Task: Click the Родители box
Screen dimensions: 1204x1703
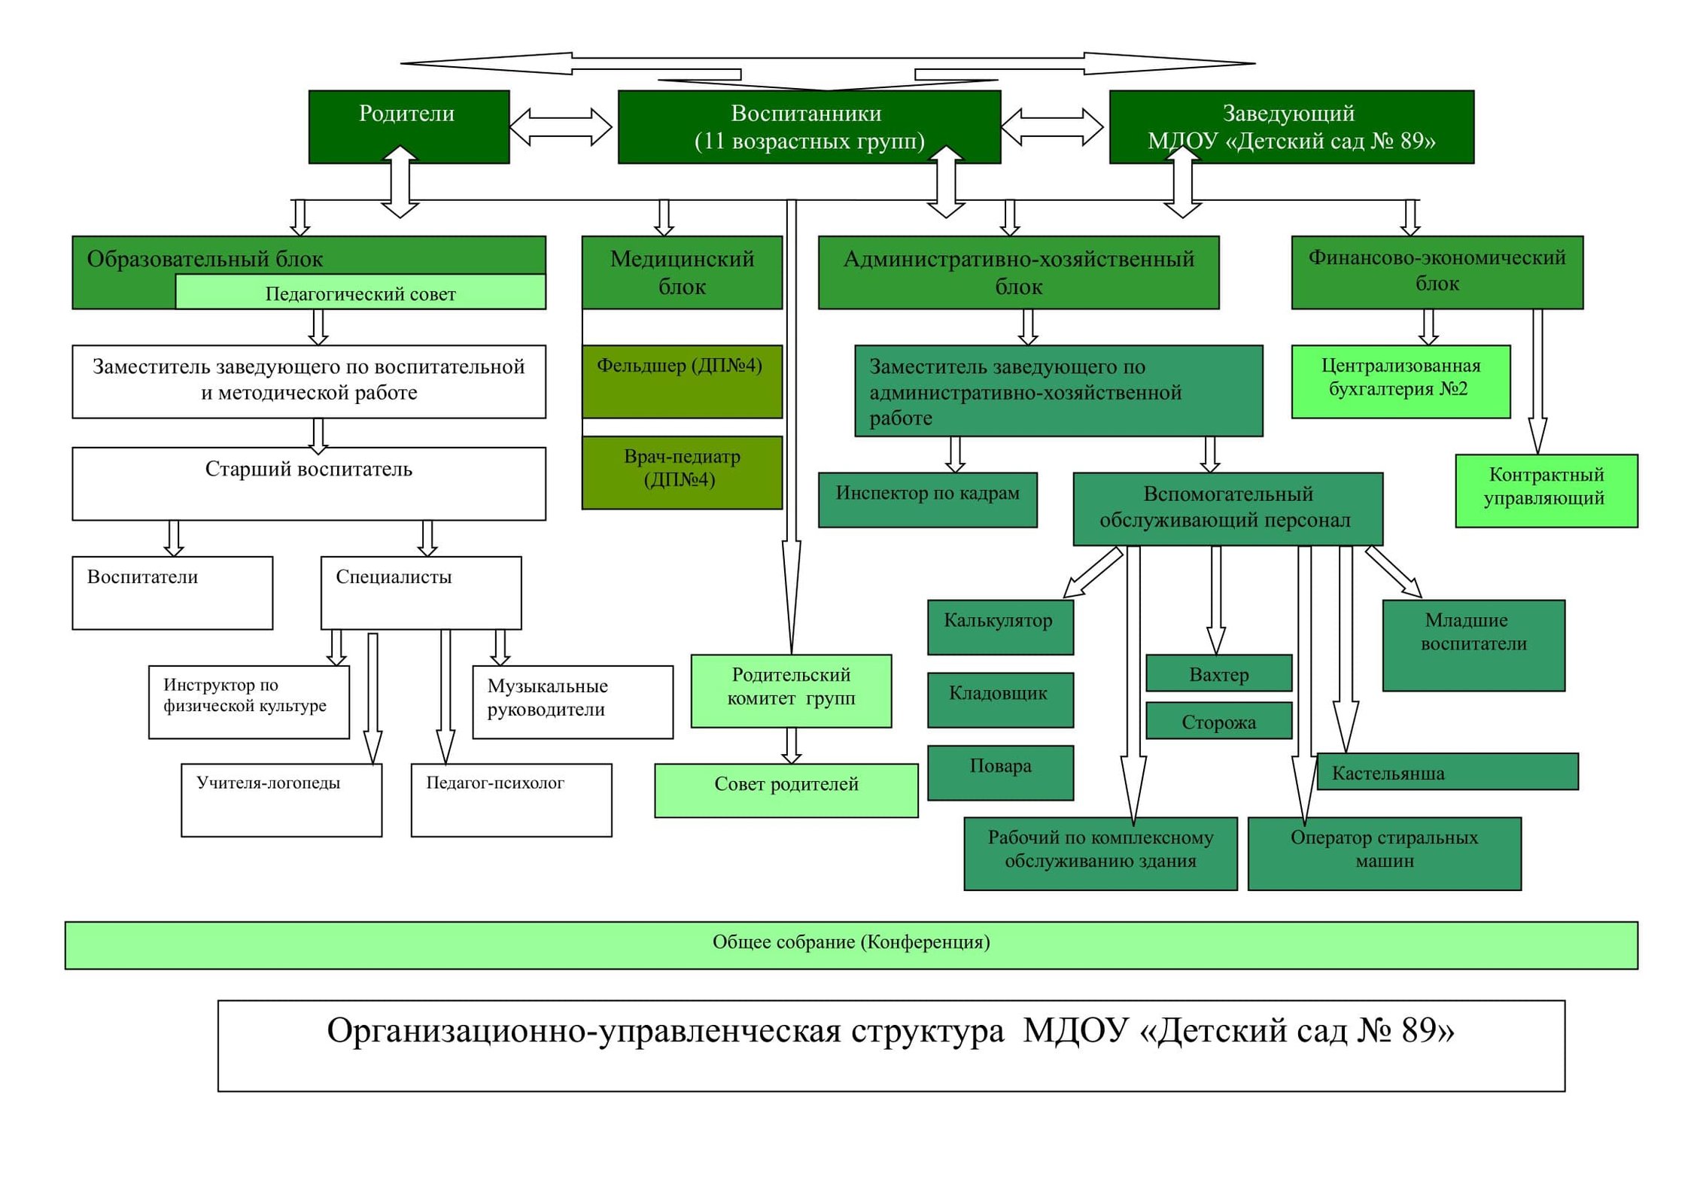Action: coord(409,126)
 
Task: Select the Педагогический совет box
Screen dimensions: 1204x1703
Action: coord(360,292)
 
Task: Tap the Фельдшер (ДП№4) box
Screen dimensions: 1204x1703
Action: coord(682,382)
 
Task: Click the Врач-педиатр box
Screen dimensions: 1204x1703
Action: coord(682,473)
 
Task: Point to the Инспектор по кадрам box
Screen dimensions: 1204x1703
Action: coord(927,500)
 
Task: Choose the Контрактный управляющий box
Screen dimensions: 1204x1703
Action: coord(1546,491)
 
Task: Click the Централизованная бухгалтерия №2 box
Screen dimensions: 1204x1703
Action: coord(1400,382)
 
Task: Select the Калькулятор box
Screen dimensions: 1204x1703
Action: coord(1000,627)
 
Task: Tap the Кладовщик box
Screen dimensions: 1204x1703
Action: coord(1000,699)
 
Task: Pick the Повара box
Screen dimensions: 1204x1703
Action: coord(1000,772)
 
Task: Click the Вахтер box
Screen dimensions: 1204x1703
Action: coord(1218,673)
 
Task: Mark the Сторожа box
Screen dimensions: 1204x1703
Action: coord(1218,720)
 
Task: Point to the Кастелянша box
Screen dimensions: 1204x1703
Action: coord(1447,771)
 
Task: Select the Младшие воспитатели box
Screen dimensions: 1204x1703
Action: coord(1473,645)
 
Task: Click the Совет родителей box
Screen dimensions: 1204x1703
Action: coord(786,790)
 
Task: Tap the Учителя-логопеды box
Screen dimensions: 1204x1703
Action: coord(281,800)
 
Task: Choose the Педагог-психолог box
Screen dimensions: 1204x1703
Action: coord(511,800)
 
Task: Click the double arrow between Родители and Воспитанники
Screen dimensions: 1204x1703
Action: coord(561,126)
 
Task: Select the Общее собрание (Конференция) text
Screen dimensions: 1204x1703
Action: coord(851,942)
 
